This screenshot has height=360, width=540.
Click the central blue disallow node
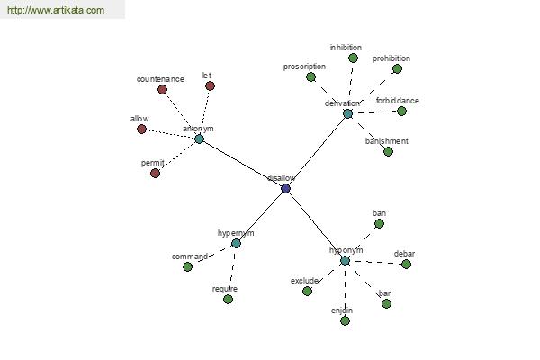[x=285, y=188]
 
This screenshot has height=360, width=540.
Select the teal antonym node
[x=199, y=139]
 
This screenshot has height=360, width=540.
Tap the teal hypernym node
[x=236, y=243]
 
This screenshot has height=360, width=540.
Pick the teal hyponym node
[x=345, y=260]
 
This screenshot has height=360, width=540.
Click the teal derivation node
[x=347, y=113]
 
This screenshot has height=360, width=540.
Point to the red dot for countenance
[x=162, y=89]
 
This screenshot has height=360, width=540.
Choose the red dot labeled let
[x=210, y=86]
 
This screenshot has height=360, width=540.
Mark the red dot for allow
[x=141, y=129]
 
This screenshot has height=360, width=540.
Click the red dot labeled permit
[x=155, y=173]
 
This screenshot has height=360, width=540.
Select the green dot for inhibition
[x=353, y=58]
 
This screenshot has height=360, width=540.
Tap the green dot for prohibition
[x=397, y=68]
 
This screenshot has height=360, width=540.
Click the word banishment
[x=387, y=141]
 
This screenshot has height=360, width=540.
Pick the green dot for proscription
[x=310, y=77]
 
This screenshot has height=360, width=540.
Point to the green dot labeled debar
[x=406, y=264]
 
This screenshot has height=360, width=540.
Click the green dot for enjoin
[x=345, y=320]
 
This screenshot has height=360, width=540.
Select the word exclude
[x=304, y=281]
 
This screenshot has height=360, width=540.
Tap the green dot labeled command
[x=187, y=266]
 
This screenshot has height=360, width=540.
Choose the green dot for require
[x=228, y=299]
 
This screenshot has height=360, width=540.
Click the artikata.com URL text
[x=55, y=11]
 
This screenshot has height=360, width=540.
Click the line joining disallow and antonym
[x=242, y=164]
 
